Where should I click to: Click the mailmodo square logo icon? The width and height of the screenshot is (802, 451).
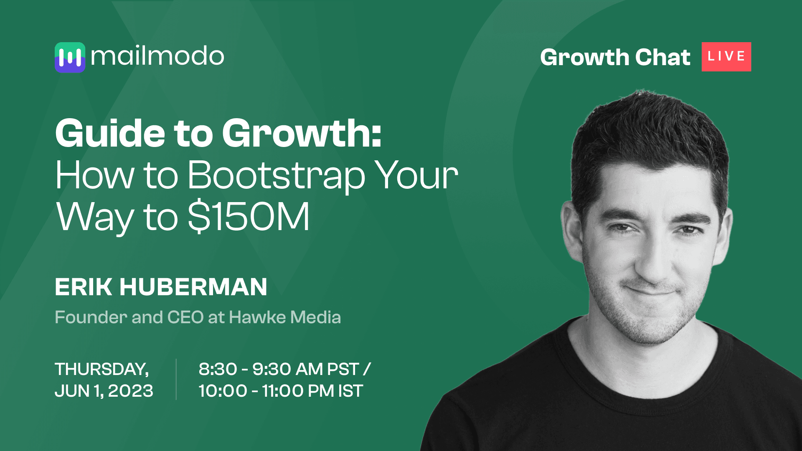coord(70,57)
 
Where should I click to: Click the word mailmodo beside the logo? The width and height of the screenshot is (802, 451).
coord(157,56)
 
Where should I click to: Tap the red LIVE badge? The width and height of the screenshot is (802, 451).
coord(726,57)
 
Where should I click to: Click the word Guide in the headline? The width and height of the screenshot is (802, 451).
coord(110,134)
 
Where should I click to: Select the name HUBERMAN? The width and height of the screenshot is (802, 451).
coord(193,287)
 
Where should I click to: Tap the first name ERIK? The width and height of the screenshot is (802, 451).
coord(84,287)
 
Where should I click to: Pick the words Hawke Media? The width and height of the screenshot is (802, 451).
coord(285,317)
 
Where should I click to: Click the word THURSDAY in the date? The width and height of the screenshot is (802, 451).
coord(102,369)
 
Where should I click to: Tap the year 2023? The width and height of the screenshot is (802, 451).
coord(130,391)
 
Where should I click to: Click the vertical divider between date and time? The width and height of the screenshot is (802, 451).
coord(176,379)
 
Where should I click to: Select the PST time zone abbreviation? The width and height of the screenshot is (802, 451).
coord(343,369)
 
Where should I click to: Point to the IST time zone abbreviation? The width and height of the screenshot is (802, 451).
coord(350,391)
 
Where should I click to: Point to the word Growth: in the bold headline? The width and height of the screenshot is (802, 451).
coord(302,134)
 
